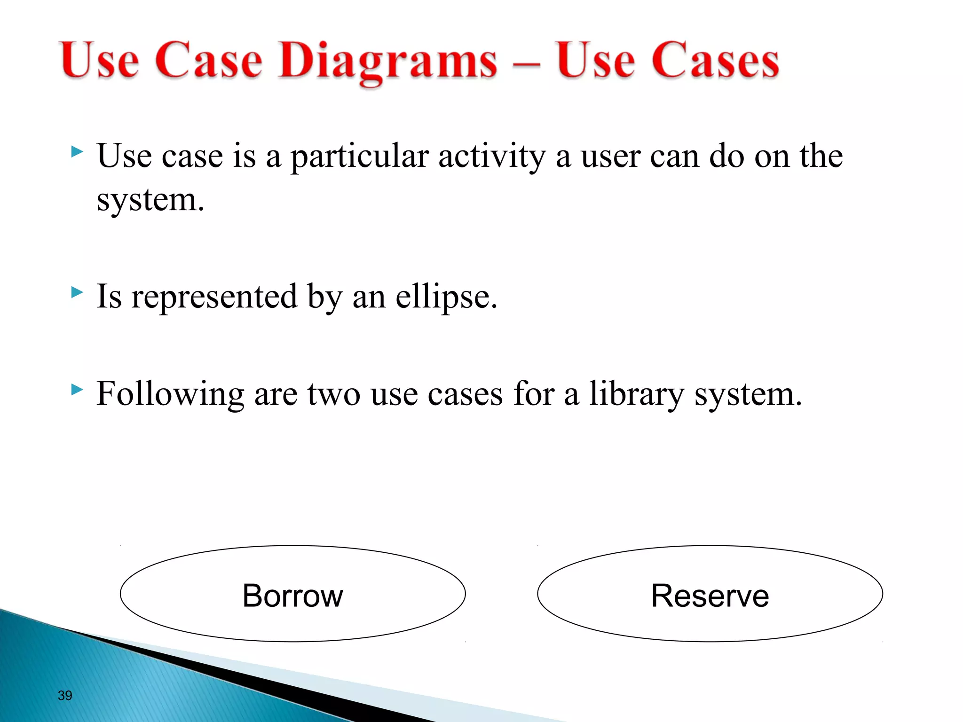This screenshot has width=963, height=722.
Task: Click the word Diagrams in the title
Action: pyautogui.click(x=387, y=61)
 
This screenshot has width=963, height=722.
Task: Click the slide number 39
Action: pyautogui.click(x=65, y=695)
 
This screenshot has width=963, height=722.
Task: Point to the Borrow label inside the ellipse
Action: pyautogui.click(x=292, y=596)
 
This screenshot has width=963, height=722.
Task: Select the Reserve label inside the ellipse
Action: pyautogui.click(x=710, y=596)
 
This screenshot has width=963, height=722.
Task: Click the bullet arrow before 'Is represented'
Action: pyautogui.click(x=77, y=293)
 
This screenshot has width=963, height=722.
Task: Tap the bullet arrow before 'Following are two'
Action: pyautogui.click(x=77, y=390)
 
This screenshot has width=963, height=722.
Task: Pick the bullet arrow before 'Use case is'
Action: pyautogui.click(x=77, y=152)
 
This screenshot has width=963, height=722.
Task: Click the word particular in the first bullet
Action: pyautogui.click(x=359, y=157)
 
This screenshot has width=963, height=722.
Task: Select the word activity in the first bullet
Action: pyautogui.click(x=492, y=157)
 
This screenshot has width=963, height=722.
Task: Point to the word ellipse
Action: pyautogui.click(x=446, y=298)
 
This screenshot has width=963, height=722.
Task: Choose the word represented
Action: pyautogui.click(x=214, y=298)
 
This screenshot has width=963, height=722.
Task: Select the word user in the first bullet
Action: pyautogui.click(x=610, y=157)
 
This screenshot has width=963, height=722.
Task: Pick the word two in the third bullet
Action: pyautogui.click(x=333, y=394)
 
